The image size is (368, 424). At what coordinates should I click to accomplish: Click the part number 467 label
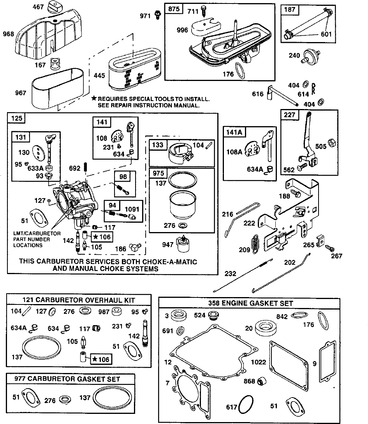click(38, 7)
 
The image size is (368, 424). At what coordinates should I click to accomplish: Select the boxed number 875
click(174, 9)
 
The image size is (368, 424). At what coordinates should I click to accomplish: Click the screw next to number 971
click(157, 15)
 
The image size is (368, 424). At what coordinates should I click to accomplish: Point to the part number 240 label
click(294, 55)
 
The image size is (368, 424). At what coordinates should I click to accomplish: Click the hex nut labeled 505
click(331, 143)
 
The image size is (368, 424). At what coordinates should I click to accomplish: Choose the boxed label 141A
click(234, 132)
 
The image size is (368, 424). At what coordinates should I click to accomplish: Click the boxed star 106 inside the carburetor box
click(102, 237)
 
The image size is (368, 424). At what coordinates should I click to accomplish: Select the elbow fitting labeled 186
click(135, 247)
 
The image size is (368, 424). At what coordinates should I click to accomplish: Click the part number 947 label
click(167, 245)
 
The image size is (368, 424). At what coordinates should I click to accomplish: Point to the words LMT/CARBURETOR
click(37, 233)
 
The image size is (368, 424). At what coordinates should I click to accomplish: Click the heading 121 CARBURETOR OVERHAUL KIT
click(79, 300)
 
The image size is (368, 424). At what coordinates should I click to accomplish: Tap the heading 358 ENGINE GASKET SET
click(251, 303)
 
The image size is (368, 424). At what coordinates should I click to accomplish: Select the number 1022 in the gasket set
click(259, 362)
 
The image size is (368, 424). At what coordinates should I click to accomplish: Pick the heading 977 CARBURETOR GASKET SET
click(67, 379)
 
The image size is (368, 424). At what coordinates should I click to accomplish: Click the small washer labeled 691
click(180, 330)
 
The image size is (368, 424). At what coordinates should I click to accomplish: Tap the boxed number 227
click(290, 115)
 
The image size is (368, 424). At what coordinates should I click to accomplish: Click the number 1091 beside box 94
click(132, 209)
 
